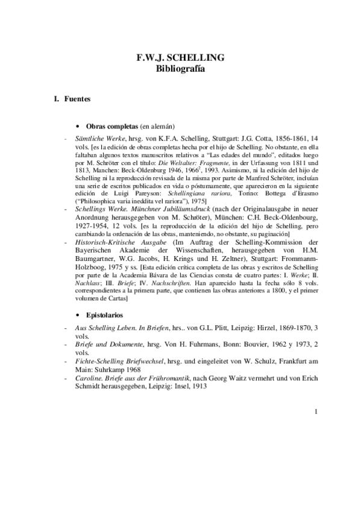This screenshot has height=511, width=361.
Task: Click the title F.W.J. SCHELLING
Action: (181, 58)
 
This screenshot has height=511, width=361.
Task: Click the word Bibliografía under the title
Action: (181, 69)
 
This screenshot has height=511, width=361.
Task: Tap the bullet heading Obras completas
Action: (112, 127)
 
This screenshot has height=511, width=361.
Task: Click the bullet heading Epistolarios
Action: (104, 315)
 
